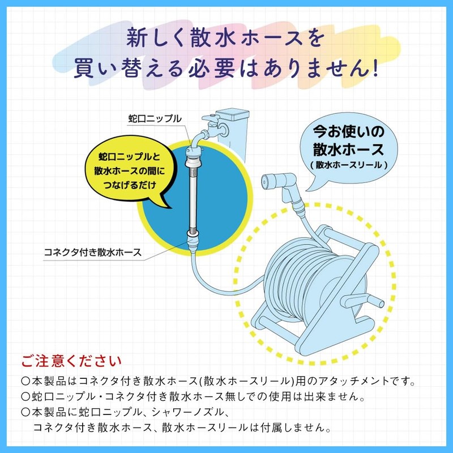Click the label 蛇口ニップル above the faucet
155,119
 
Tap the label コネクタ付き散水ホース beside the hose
93,252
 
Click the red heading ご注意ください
71,361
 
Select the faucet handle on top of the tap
211,118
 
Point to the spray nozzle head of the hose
278,181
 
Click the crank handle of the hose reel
362,301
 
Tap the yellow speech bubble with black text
131,171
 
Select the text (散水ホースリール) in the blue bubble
348,165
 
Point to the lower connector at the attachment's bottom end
193,241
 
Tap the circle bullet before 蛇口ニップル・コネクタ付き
25,397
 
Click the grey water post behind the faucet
232,134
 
